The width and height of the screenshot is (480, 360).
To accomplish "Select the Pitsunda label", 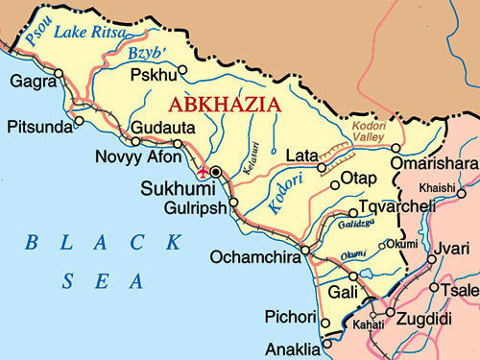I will click(x=38, y=126).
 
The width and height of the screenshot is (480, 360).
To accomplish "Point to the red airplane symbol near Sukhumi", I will click(x=204, y=172).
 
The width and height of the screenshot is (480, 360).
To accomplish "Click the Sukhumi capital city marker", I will click(x=217, y=172).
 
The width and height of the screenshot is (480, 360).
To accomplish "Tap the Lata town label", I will click(x=301, y=154).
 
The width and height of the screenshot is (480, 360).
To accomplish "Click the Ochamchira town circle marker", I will click(x=304, y=251).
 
